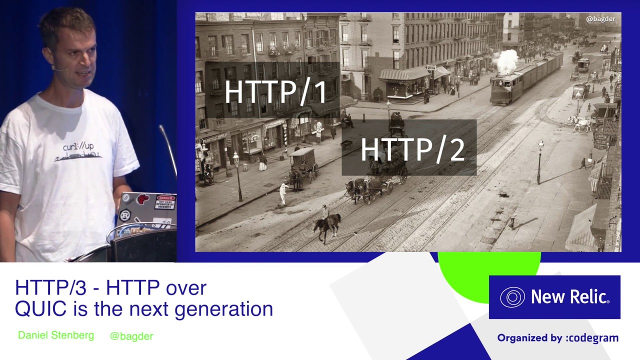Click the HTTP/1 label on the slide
(275, 92)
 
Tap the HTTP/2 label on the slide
(412, 149)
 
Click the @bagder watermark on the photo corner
(600, 19)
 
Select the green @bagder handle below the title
(131, 336)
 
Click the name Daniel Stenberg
(56, 335)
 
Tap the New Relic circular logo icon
(512, 297)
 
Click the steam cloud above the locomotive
(506, 61)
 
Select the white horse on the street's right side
(580, 123)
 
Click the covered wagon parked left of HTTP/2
(303, 165)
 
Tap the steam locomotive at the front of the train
(506, 89)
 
